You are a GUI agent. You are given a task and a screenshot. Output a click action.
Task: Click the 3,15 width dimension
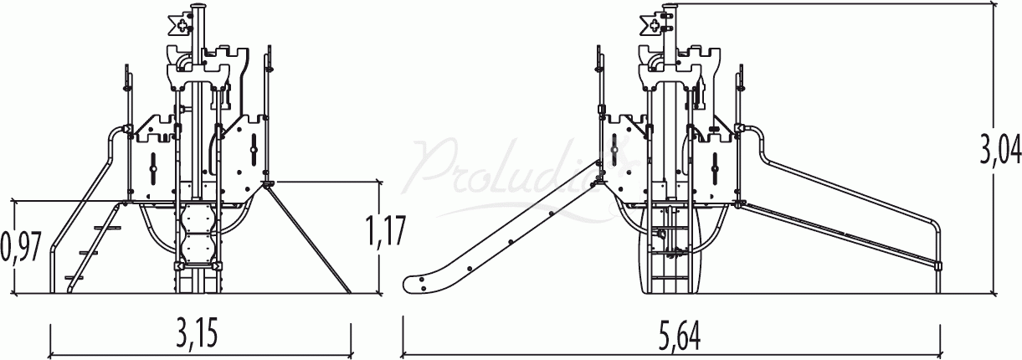click(x=197, y=333)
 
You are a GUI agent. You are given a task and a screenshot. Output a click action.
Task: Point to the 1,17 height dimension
click(x=385, y=231)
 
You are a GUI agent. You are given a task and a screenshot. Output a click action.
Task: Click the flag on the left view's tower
click(x=181, y=25)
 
